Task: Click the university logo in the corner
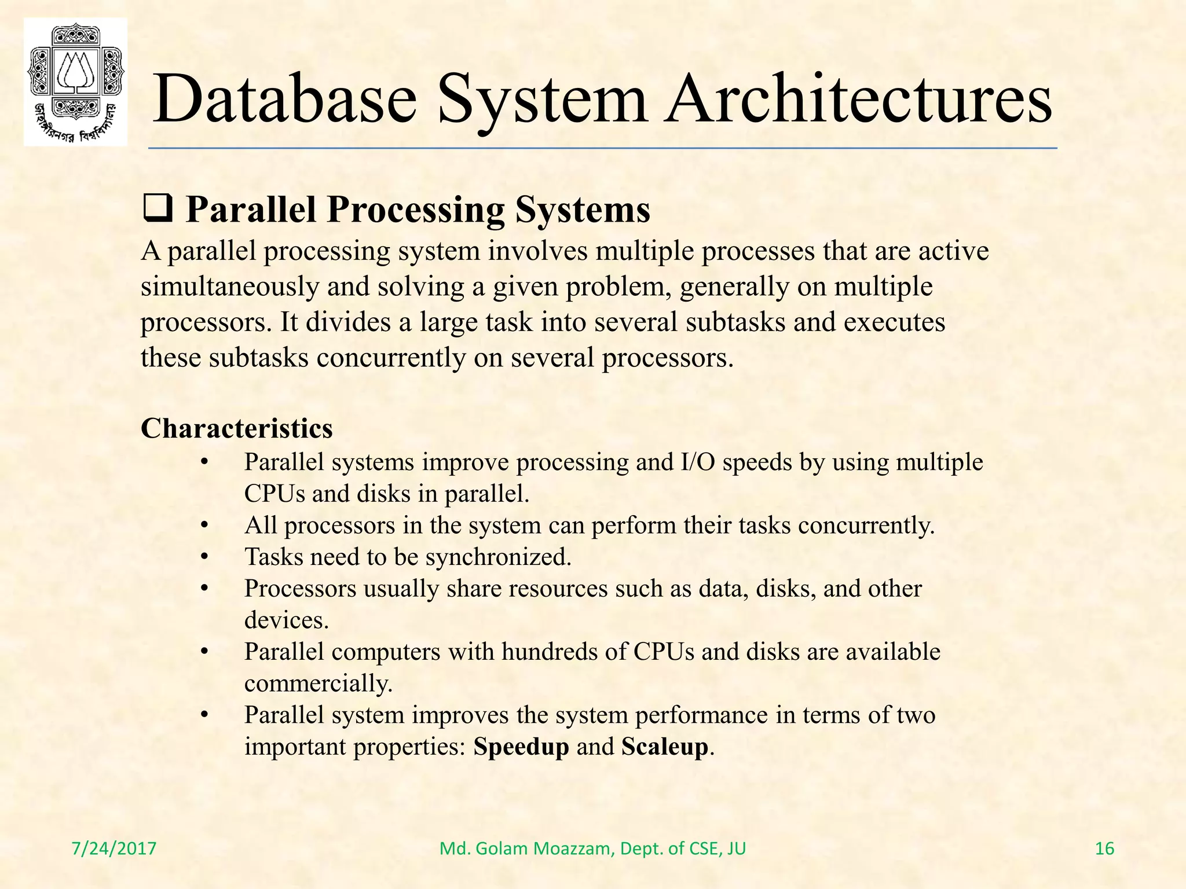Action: coord(75,81)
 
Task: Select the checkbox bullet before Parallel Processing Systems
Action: coord(157,210)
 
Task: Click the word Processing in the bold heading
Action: coord(416,210)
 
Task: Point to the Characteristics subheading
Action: coord(237,429)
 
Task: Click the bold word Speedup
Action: coord(521,747)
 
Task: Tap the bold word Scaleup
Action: coord(665,747)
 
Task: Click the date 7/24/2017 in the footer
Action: coord(114,848)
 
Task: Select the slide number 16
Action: coord(1104,848)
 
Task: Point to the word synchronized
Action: coord(498,557)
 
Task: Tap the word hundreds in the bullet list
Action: coord(549,652)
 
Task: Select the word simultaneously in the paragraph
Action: coord(229,287)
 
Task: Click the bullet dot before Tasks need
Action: coord(204,557)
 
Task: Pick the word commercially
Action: coord(318,684)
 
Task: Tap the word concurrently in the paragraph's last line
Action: coord(390,358)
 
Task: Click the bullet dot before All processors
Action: coord(204,526)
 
